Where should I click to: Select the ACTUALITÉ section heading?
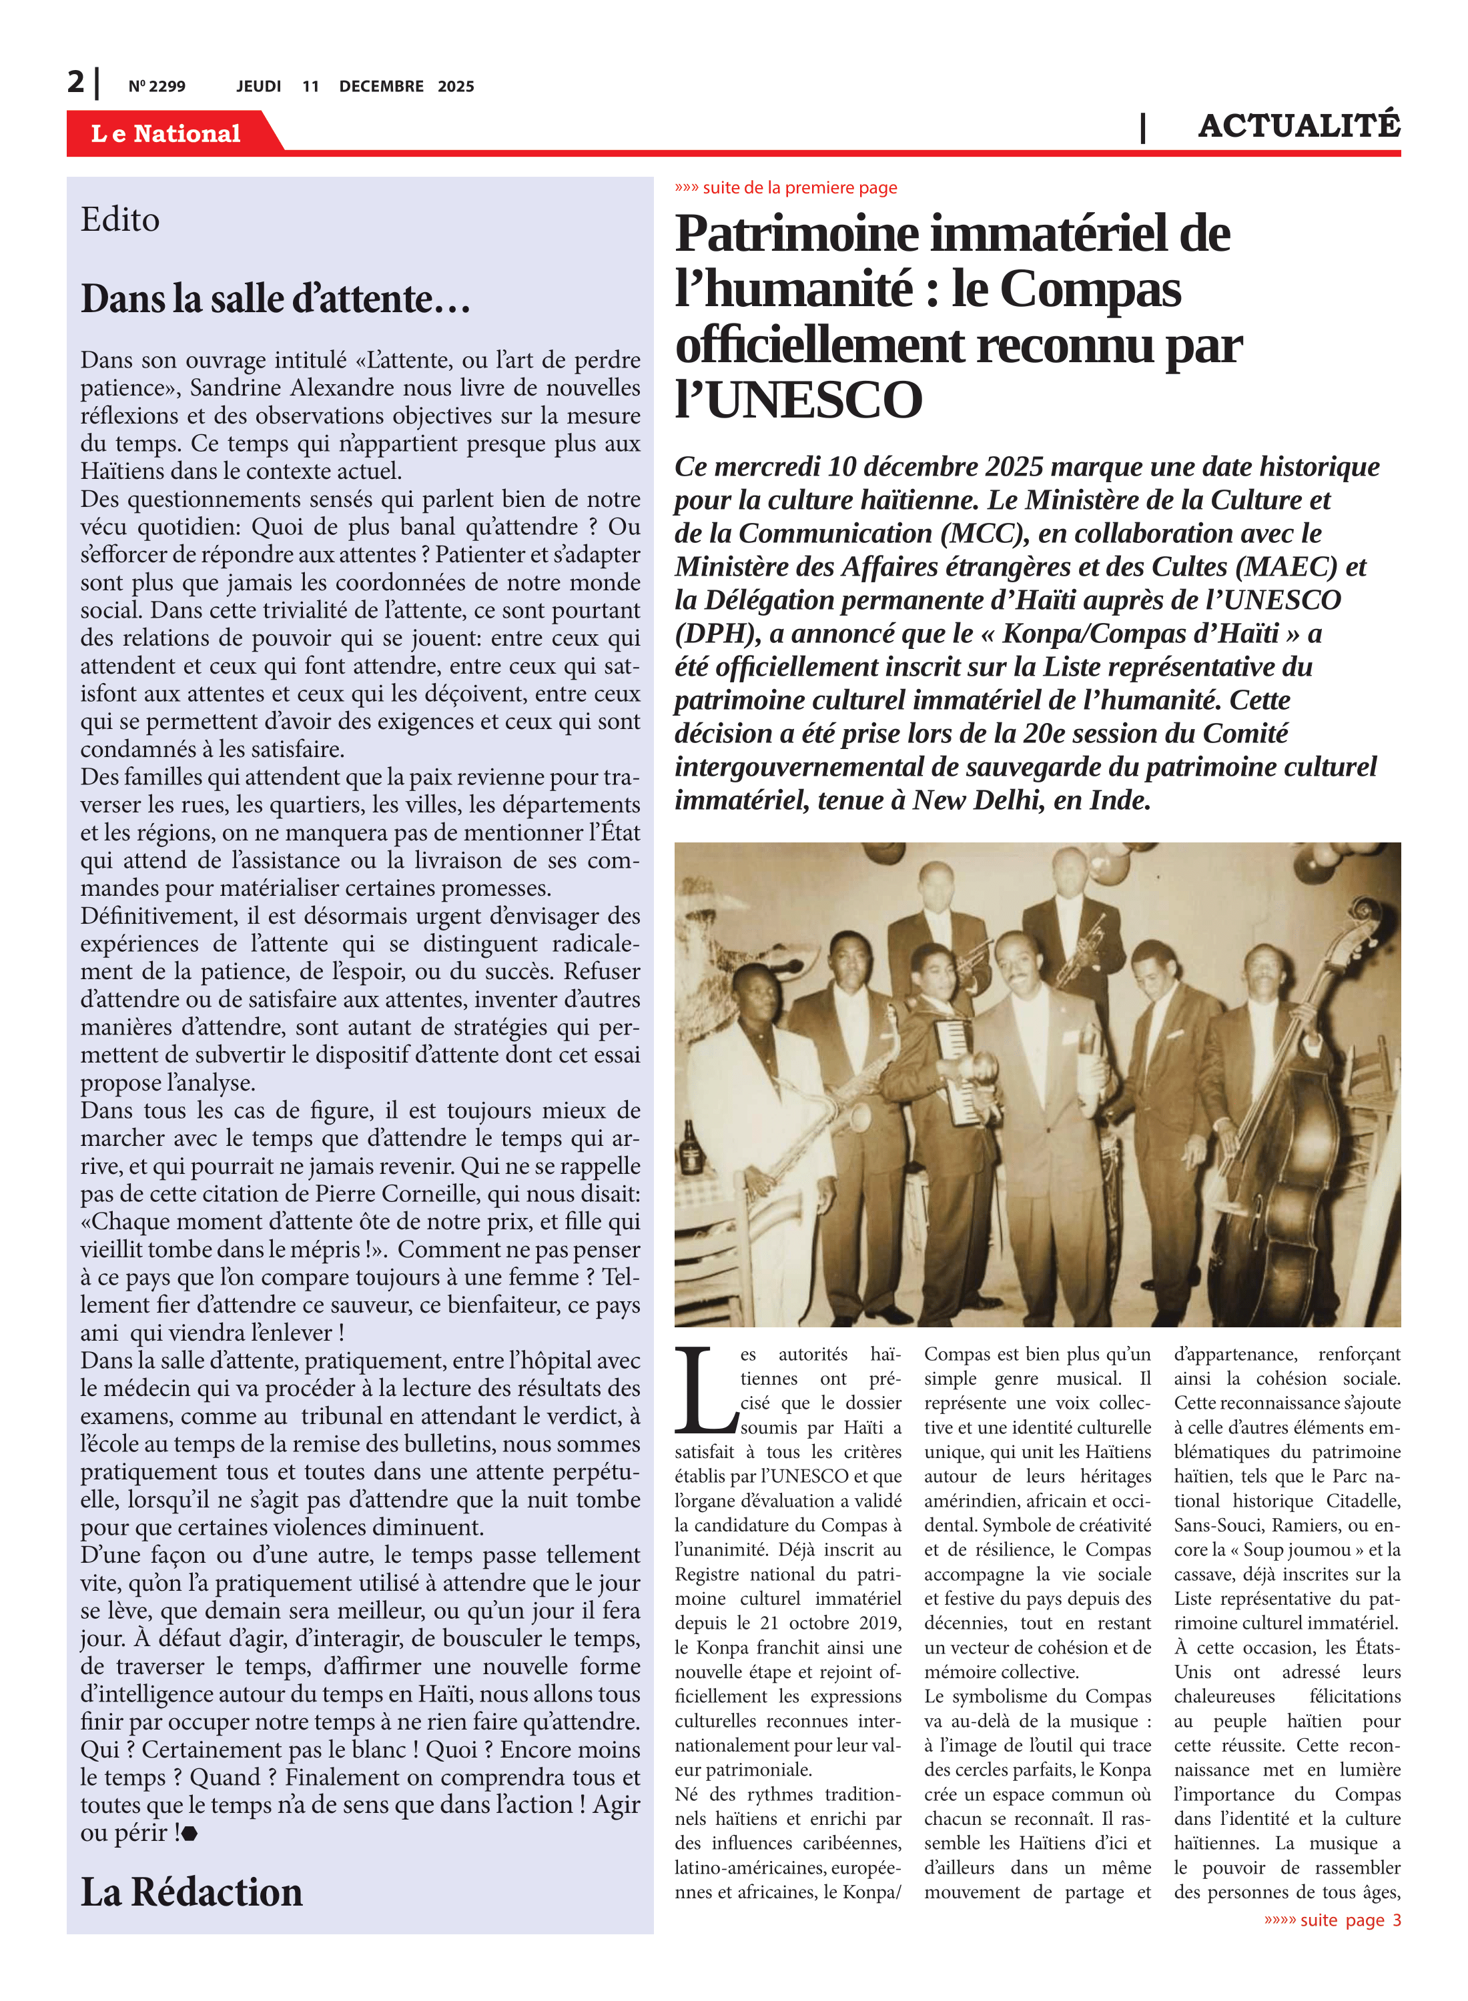(1299, 126)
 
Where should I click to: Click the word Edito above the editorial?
(120, 219)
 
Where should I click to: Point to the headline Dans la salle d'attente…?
(276, 299)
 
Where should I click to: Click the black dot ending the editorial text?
(190, 1833)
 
